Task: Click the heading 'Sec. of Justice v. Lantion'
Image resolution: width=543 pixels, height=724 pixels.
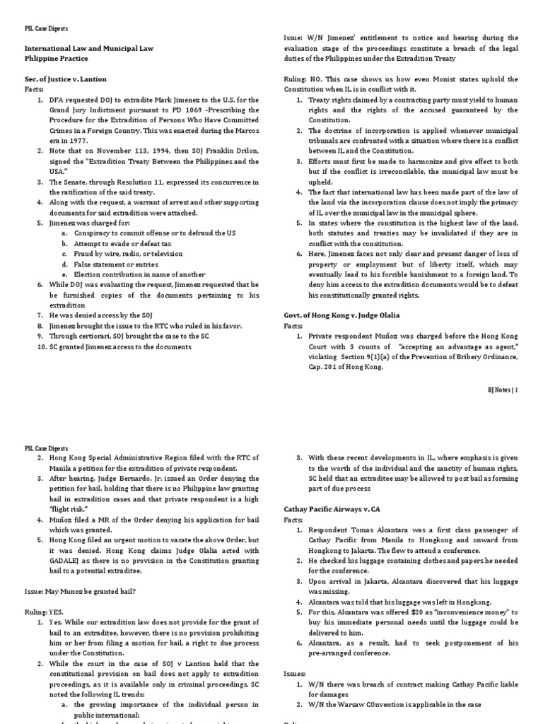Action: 66,80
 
